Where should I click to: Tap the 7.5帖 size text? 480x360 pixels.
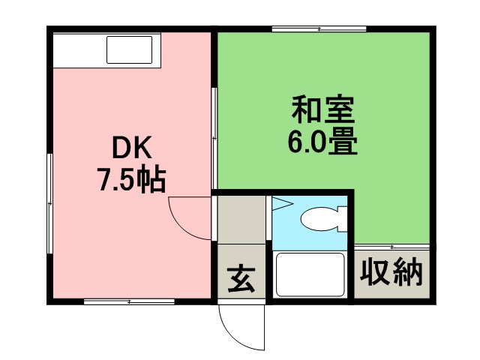point(130,181)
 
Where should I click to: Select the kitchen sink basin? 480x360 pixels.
point(128,49)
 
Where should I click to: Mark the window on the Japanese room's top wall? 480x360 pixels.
point(319,29)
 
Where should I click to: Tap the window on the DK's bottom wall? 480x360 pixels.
point(129,301)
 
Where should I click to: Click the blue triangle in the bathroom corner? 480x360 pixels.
point(280,203)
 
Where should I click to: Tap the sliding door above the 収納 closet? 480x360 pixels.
point(391,246)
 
